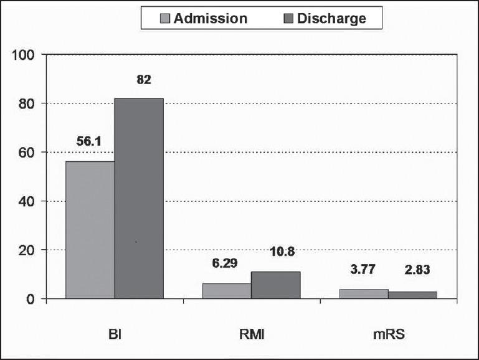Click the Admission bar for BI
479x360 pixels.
[x=90, y=230]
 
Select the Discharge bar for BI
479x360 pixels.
[x=138, y=199]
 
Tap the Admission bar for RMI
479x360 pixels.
[x=227, y=291]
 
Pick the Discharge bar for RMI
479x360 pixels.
[x=275, y=285]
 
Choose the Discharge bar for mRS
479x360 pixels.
[x=412, y=295]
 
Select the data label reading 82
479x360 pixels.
[x=144, y=80]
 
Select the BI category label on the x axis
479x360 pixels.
[x=114, y=334]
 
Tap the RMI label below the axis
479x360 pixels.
[x=251, y=334]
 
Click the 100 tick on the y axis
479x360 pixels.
[x=23, y=55]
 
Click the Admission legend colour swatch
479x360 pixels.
[x=166, y=18]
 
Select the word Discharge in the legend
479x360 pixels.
[x=331, y=18]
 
